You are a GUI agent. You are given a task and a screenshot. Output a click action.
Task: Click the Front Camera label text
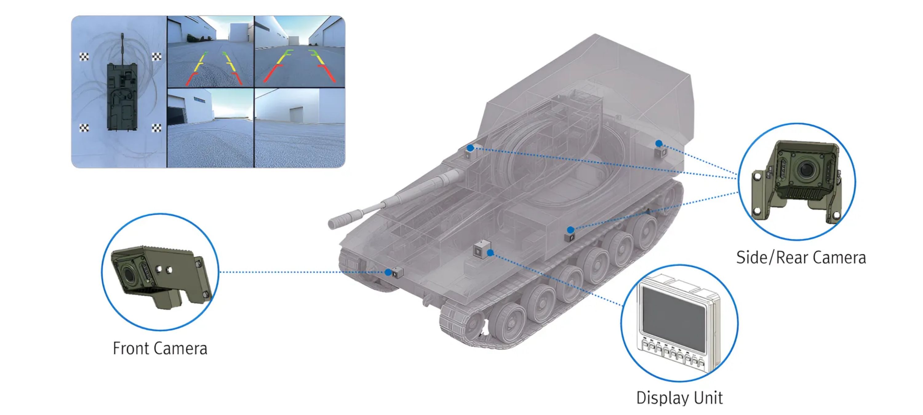click(160, 348)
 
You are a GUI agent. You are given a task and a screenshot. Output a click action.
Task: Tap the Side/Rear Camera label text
click(801, 257)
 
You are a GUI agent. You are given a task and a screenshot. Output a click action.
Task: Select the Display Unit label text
click(679, 398)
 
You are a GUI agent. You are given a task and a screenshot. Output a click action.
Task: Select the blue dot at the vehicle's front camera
click(388, 272)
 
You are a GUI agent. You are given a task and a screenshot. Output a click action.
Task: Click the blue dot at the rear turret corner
click(659, 144)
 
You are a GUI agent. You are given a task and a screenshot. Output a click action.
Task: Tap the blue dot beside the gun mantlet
click(470, 148)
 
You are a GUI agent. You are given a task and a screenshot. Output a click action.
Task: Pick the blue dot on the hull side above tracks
click(570, 230)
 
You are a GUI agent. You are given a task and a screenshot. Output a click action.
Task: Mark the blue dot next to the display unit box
click(490, 253)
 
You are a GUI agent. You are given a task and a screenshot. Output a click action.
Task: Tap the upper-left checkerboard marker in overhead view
click(84, 57)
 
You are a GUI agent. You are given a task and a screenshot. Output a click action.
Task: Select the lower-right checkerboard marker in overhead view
click(157, 128)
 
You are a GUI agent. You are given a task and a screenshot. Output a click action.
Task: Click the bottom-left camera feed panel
click(210, 128)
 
